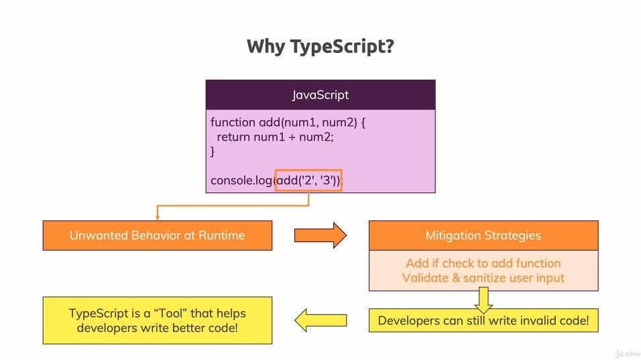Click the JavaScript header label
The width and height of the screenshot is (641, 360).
tap(320, 95)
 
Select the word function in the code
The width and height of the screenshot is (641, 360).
tap(233, 123)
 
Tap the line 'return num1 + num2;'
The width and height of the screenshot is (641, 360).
tap(275, 137)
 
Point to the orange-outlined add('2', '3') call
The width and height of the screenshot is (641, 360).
tap(308, 180)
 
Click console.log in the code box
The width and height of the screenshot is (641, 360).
tap(241, 180)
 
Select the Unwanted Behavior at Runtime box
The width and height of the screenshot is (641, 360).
tap(158, 235)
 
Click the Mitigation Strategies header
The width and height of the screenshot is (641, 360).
tap(483, 235)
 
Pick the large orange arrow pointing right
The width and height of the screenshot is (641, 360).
tap(320, 235)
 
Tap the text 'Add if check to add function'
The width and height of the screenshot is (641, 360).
tap(483, 263)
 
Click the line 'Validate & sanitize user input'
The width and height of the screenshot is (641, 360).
tap(483, 278)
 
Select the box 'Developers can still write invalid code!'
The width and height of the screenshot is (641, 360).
tap(483, 321)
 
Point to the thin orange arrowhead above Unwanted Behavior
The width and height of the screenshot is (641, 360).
tap(158, 217)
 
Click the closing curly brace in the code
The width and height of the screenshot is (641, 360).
tap(213, 152)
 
